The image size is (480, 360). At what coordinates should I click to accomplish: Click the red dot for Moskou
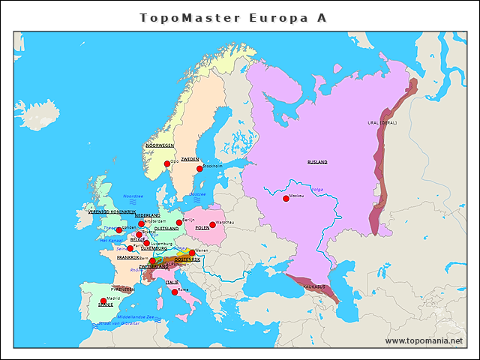tap(286, 199)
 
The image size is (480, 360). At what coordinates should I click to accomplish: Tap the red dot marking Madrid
tap(103, 301)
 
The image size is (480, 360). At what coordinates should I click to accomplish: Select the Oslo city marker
tap(167, 163)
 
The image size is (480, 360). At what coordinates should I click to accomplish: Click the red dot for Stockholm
tap(199, 169)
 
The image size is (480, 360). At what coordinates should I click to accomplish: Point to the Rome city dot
tap(175, 292)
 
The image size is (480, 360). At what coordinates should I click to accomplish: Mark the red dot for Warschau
tap(212, 224)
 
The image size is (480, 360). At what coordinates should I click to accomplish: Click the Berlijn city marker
tap(179, 222)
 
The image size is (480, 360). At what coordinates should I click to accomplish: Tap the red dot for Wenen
tap(192, 253)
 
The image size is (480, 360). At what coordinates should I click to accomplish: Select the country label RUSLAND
tap(317, 162)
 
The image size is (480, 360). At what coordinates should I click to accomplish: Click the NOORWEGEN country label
tap(159, 145)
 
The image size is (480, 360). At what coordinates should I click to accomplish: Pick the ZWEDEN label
tap(190, 159)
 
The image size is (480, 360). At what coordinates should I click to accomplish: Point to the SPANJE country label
tap(106, 305)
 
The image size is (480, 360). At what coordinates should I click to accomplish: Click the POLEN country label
tap(202, 227)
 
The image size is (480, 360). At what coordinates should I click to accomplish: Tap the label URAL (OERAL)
tap(382, 122)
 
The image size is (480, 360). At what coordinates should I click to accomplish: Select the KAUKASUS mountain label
tap(314, 286)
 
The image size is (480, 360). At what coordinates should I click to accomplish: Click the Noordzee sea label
tap(133, 196)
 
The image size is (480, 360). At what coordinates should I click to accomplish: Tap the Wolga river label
tap(317, 189)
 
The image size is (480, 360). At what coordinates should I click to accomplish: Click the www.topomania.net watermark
tap(424, 340)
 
